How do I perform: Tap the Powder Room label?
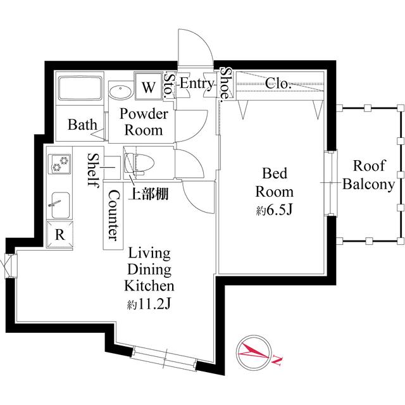[x=144, y=123]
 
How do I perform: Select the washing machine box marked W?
[x=148, y=87]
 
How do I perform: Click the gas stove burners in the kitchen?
[x=60, y=163]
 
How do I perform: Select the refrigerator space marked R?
[x=60, y=234]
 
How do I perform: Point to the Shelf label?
[x=93, y=170]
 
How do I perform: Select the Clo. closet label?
[x=277, y=83]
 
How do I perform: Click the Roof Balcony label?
[x=368, y=175]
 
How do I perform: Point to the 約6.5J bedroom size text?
[x=273, y=210]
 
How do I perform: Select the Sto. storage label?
[x=169, y=85]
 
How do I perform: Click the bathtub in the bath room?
[x=81, y=89]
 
